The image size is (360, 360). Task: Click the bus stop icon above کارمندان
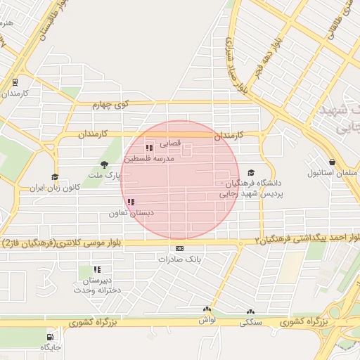click(x=15, y=82)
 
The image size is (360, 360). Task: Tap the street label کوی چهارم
click(x=111, y=104)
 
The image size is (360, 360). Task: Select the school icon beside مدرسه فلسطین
click(x=148, y=148)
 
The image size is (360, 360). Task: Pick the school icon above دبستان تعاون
click(x=131, y=202)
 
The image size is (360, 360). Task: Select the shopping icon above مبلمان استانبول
click(x=331, y=161)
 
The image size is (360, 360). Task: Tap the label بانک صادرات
click(x=179, y=259)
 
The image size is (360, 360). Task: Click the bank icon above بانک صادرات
click(x=179, y=248)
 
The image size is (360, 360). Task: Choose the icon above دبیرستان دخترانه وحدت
click(x=97, y=269)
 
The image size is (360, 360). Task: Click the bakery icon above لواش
click(x=207, y=309)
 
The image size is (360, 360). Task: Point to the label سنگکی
click(x=252, y=323)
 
